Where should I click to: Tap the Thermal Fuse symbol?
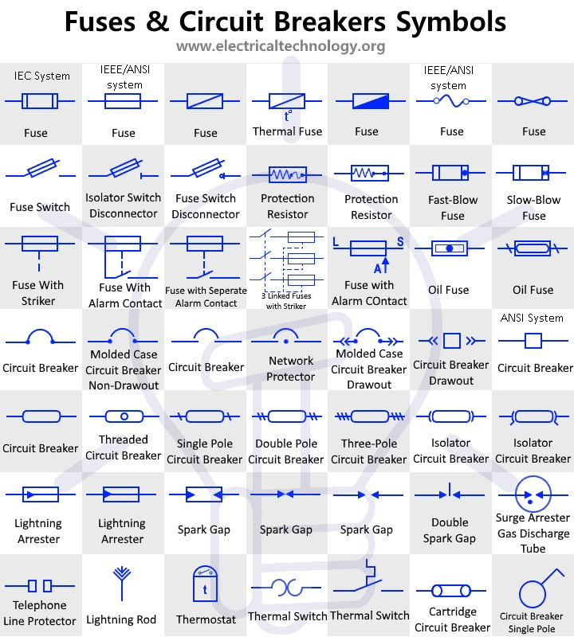point(287,102)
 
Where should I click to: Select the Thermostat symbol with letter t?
point(206,587)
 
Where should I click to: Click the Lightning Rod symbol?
point(121,581)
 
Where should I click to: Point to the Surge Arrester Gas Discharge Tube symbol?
point(533,495)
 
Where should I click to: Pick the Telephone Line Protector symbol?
point(40,586)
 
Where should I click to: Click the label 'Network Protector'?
point(290,369)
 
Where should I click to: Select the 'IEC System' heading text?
point(42,76)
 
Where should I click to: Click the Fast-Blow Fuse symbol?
point(452,173)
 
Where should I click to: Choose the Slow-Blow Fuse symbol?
point(533,173)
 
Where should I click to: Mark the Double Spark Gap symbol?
point(450,494)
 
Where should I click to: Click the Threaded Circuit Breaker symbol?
point(124,416)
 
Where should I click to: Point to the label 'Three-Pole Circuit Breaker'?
point(368,451)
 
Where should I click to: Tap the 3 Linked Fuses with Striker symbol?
point(288,259)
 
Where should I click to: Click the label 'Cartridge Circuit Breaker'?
point(452,619)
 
